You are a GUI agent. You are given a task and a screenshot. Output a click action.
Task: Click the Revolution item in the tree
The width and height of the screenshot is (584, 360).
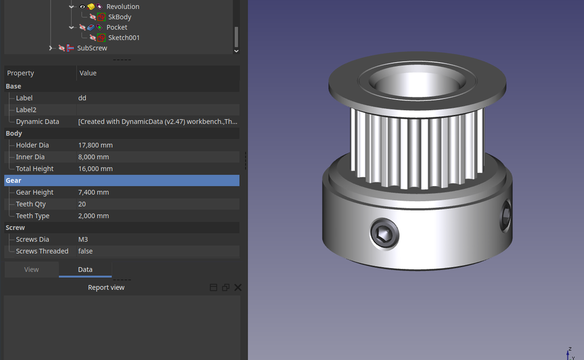[122, 7]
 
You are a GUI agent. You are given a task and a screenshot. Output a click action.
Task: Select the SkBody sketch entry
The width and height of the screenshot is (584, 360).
[119, 17]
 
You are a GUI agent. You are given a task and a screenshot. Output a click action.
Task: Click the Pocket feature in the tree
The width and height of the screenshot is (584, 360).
[117, 27]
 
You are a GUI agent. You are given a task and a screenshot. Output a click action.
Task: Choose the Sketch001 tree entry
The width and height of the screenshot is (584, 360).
[123, 38]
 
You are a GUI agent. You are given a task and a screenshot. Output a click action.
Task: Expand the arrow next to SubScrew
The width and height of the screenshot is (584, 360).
[50, 48]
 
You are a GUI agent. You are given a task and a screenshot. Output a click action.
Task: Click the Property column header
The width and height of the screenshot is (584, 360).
[21, 73]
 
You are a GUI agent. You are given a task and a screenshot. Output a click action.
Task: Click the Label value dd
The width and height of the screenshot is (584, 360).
[82, 98]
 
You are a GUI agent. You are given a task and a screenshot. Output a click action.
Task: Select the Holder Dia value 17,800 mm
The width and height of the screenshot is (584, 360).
[96, 145]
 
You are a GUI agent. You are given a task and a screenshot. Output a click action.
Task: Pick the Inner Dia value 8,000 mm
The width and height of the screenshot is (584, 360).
[94, 157]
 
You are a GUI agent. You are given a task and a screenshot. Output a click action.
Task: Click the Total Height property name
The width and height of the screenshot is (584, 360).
[35, 169]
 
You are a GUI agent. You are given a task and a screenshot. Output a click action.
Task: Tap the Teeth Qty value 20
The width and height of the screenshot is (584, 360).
[82, 204]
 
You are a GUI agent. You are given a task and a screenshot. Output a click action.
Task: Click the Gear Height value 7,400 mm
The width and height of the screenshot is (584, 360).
[94, 192]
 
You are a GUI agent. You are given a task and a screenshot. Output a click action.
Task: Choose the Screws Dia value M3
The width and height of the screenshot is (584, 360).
[83, 240]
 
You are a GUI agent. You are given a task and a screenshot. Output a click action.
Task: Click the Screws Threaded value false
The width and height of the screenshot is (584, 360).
[85, 251]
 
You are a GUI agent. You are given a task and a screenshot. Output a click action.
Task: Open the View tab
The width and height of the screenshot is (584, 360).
[32, 269]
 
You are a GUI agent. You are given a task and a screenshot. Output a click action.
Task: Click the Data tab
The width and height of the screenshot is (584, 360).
[85, 269]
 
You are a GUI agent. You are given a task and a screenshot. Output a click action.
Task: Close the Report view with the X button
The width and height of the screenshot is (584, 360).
[238, 288]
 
